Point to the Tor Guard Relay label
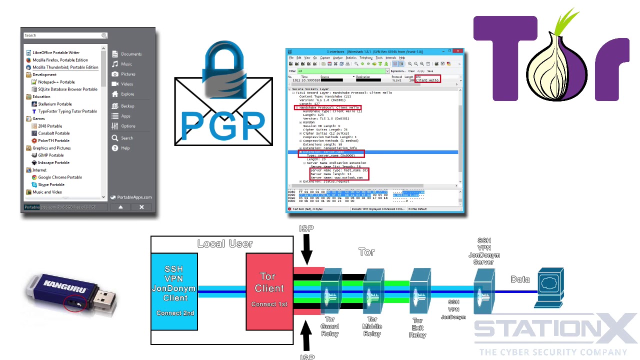point(330,326)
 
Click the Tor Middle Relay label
point(372,326)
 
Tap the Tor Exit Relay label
point(417,327)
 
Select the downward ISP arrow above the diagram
point(306,247)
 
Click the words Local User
point(225,244)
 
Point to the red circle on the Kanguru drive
point(75,302)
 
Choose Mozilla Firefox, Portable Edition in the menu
point(60,60)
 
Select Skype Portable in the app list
point(51,184)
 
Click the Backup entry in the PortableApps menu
point(127,106)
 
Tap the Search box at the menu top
point(62,35)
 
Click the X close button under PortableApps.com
point(141,207)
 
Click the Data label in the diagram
point(520,279)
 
